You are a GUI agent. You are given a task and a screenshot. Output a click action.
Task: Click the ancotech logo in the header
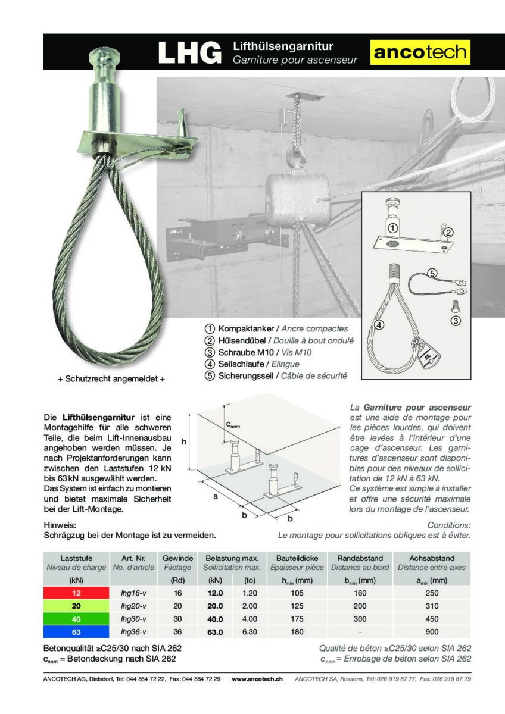pyautogui.click(x=420, y=52)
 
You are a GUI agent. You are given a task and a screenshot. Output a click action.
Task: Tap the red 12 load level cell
pyautogui.click(x=76, y=593)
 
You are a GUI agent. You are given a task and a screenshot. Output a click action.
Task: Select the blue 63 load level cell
pyautogui.click(x=76, y=632)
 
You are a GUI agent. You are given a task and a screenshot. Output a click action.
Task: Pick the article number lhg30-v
pyautogui.click(x=133, y=619)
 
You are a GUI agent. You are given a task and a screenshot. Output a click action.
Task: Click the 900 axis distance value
pyautogui.click(x=432, y=632)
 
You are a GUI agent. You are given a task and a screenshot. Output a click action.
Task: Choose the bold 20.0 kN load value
pyautogui.click(x=214, y=606)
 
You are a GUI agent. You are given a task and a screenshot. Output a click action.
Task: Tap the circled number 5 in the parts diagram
pyautogui.click(x=432, y=274)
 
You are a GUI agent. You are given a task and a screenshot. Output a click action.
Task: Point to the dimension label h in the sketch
pyautogui.click(x=184, y=441)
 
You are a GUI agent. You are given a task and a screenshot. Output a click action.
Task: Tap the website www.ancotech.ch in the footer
pyautogui.click(x=257, y=679)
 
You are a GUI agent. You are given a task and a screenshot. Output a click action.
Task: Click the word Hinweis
pyautogui.click(x=60, y=525)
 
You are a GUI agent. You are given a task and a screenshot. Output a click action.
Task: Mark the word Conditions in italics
pyautogui.click(x=449, y=525)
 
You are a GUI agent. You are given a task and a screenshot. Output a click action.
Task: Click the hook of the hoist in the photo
pyautogui.click(x=295, y=158)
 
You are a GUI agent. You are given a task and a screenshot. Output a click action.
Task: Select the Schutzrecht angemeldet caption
pyautogui.click(x=111, y=379)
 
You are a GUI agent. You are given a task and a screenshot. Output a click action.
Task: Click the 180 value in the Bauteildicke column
pyautogui.click(x=298, y=632)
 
